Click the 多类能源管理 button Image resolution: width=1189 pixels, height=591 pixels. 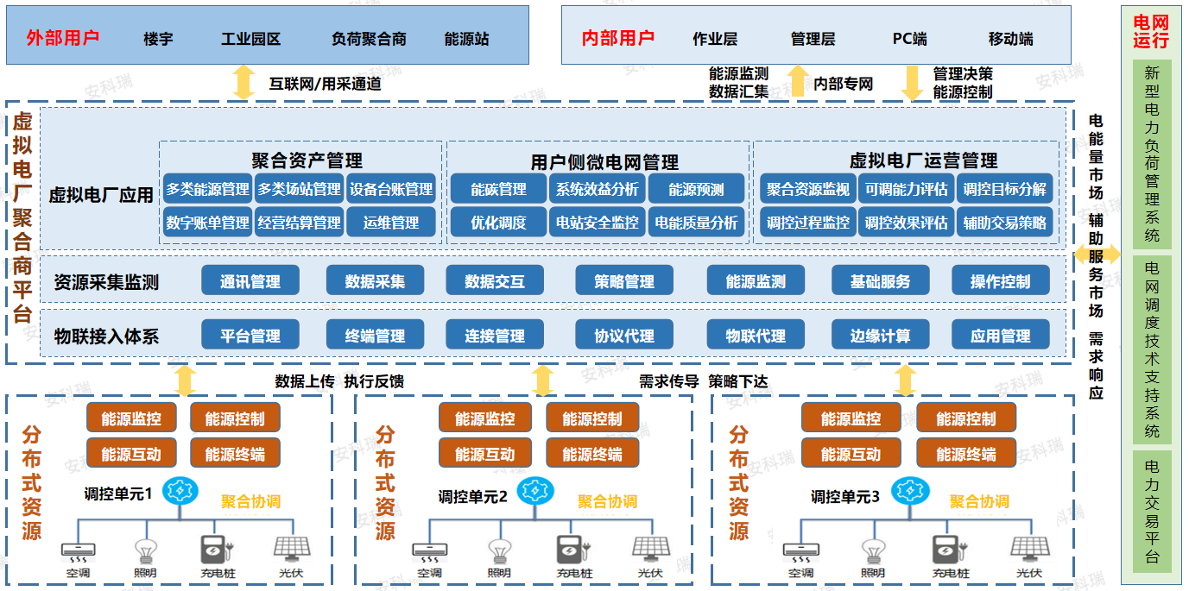coord(207,188)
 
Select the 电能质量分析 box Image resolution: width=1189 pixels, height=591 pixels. coord(696,222)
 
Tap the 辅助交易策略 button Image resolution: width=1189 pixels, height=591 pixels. coord(1004,222)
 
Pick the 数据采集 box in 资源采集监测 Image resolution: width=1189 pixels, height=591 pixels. coord(375,280)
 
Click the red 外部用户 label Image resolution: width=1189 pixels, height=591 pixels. coord(63,38)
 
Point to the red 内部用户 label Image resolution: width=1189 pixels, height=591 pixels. coord(618,38)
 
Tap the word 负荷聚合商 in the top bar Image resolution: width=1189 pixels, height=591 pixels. coord(369,39)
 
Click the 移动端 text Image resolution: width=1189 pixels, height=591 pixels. coord(1010,39)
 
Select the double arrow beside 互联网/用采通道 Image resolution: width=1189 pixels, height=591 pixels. coord(243,82)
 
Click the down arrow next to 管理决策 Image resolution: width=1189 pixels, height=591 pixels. coord(912,83)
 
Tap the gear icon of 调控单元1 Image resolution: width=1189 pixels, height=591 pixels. coord(180,490)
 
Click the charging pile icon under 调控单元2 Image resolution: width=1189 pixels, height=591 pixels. coord(570,550)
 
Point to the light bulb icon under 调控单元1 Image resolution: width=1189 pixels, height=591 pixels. coord(145,550)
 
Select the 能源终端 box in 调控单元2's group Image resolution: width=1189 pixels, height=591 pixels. coord(591,453)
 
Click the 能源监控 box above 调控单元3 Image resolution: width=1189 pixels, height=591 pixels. coord(851,418)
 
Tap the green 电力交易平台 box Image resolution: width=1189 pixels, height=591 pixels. coord(1152,511)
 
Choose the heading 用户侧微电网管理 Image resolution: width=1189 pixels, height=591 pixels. coord(604,162)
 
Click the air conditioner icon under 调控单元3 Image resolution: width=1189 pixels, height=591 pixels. coord(801,551)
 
